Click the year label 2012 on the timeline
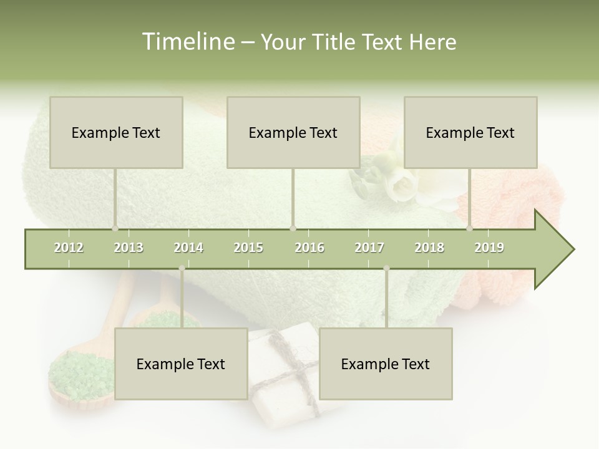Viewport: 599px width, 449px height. [x=69, y=248]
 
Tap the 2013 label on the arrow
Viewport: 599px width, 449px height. [x=129, y=248]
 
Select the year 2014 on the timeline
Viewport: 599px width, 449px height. [x=188, y=248]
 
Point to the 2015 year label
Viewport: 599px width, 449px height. [x=248, y=248]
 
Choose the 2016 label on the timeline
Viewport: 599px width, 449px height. [x=309, y=248]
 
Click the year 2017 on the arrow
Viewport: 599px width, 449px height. [x=369, y=248]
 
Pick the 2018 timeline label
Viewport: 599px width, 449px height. [x=429, y=248]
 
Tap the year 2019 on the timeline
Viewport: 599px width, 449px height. [x=489, y=248]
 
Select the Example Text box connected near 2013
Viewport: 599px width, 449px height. [x=116, y=132]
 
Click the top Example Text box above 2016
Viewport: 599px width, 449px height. [x=293, y=132]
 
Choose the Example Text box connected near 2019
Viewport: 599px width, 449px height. [x=470, y=132]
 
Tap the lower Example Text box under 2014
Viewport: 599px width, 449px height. [x=181, y=364]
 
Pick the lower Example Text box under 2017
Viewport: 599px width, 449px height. [x=386, y=364]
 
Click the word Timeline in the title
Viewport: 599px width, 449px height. [x=187, y=42]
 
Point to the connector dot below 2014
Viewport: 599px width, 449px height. [x=182, y=268]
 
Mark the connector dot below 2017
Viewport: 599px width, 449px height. [x=386, y=268]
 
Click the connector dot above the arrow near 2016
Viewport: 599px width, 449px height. [x=293, y=228]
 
